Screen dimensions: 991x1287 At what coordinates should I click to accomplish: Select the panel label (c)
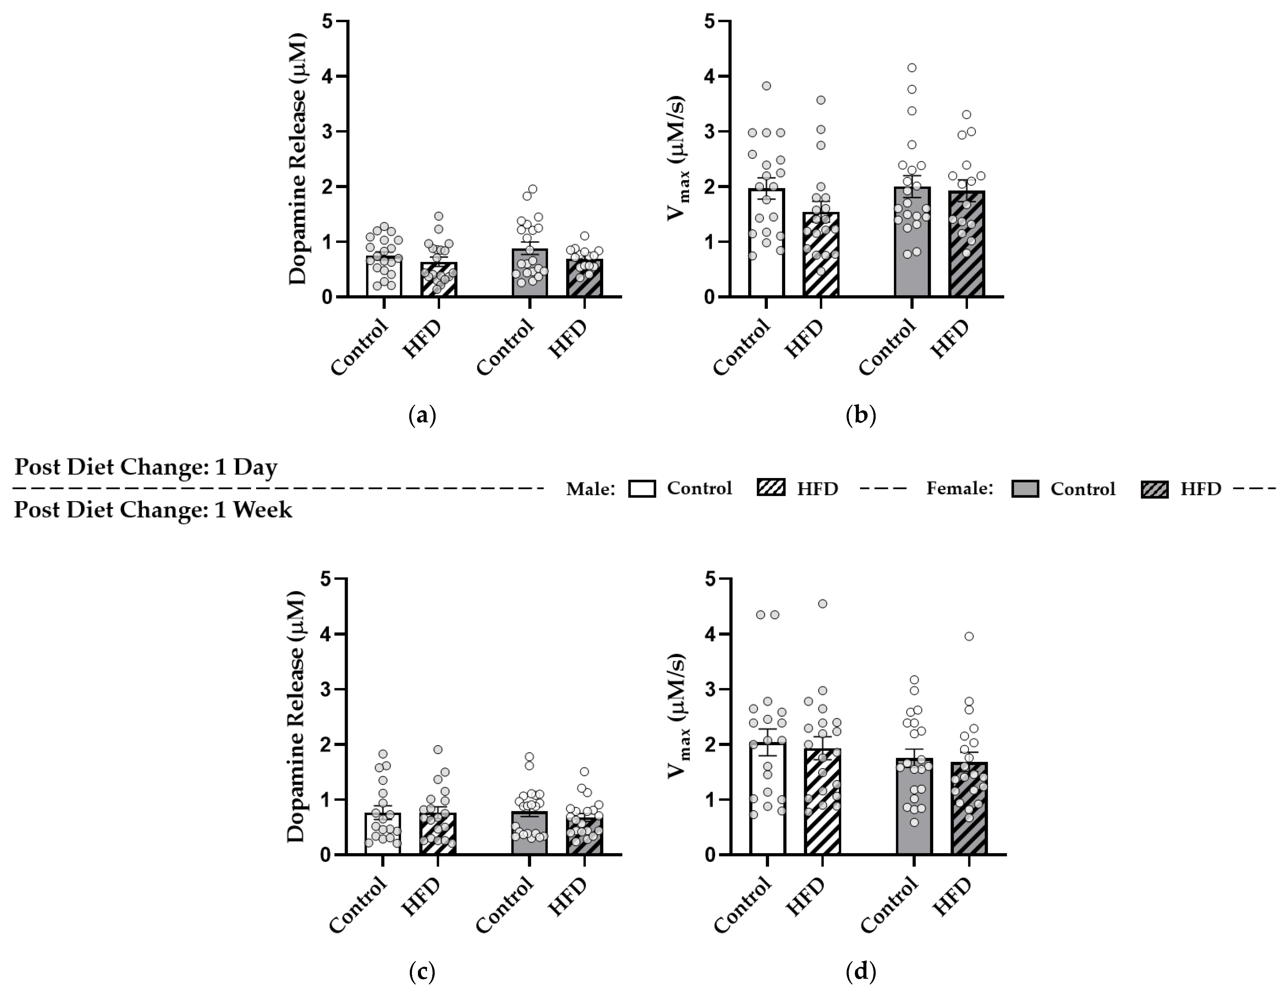coord(422,973)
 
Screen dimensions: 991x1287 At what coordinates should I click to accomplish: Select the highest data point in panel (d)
coord(823,603)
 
